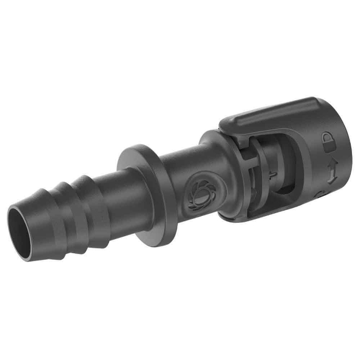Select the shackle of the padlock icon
click(327, 137)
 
